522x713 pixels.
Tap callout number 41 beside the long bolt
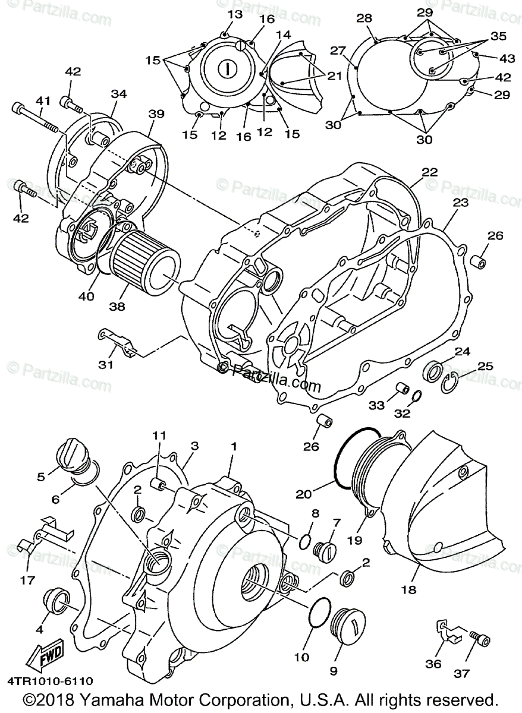click(x=42, y=100)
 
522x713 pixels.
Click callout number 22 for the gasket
click(x=429, y=172)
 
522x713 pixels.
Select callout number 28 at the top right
click(x=364, y=19)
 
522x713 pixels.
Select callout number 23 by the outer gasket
click(x=460, y=202)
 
